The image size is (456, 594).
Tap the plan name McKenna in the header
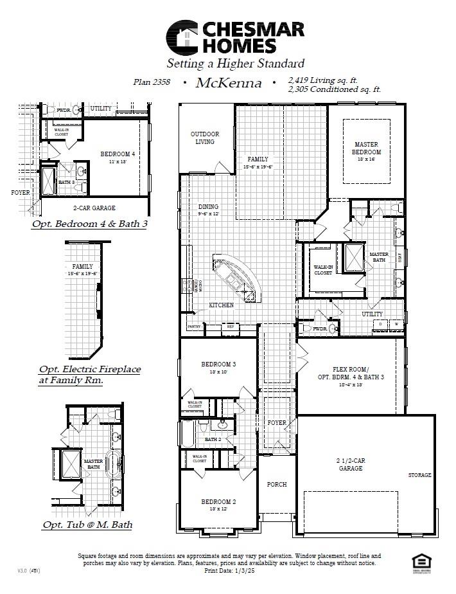coord(229,82)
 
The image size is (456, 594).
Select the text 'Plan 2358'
coord(152,82)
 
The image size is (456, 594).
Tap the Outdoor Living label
coord(205,138)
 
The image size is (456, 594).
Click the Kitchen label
coord(221,305)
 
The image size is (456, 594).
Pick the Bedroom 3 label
coord(218,364)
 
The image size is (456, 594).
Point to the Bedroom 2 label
coord(218,501)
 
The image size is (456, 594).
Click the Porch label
coord(277,484)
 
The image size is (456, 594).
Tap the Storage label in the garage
coord(420,475)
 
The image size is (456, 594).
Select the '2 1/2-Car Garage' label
coord(349,465)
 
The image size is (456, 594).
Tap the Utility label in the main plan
coord(372,314)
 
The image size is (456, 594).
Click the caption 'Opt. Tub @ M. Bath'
coord(87,525)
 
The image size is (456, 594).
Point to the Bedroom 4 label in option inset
coord(118,154)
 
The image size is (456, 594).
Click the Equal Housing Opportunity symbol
coord(420,561)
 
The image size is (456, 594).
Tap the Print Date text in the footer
coord(229,570)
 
